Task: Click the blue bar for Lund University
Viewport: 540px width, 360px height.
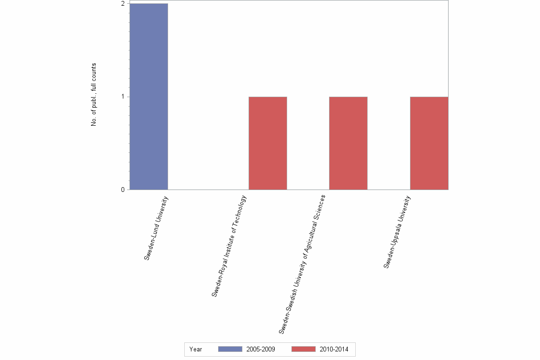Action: click(149, 97)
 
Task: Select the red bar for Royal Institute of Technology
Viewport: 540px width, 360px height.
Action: click(268, 143)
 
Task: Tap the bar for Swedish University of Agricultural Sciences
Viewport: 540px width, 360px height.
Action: click(348, 143)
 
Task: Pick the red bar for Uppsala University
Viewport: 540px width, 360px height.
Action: click(429, 143)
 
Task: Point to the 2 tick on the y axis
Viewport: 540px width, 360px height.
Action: click(123, 4)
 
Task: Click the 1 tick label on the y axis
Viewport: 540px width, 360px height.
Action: click(123, 97)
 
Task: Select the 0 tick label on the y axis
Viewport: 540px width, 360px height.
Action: click(123, 190)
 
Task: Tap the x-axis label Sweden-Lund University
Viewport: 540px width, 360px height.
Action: click(157, 228)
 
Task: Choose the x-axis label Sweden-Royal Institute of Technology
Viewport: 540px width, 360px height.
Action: click(230, 246)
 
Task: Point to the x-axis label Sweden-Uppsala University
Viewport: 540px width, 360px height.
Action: click(397, 232)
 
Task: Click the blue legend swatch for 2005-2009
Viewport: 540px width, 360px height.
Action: click(230, 349)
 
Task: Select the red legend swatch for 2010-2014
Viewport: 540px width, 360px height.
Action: click(303, 349)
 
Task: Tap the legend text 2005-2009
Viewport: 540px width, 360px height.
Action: click(260, 349)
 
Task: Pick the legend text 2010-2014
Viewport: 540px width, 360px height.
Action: click(334, 349)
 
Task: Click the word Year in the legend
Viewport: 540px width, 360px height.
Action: click(196, 349)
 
